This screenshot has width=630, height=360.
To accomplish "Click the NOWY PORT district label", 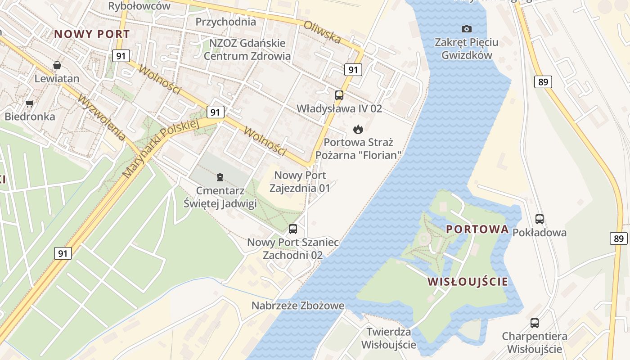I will [x=92, y=34].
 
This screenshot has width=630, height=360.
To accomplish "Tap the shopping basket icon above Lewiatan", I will [x=57, y=66].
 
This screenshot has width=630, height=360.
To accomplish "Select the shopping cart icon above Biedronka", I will [x=30, y=104].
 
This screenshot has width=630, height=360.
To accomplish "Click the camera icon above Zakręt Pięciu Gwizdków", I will [x=467, y=29].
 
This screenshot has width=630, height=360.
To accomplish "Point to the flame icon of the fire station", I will [x=358, y=130].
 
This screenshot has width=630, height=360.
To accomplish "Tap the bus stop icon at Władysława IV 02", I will [x=339, y=95].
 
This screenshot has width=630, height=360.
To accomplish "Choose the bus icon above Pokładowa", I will [x=540, y=219].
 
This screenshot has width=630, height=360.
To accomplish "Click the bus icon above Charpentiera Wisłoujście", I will [x=535, y=323].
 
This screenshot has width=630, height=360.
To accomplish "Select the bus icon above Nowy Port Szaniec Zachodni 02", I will [x=293, y=229].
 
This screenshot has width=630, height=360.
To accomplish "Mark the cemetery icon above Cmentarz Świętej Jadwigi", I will [x=220, y=177].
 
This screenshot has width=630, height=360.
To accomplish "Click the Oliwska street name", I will [x=322, y=32].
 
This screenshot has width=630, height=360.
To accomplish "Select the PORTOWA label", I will [x=477, y=229].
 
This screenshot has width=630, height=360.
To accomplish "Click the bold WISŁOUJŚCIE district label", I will [x=468, y=282].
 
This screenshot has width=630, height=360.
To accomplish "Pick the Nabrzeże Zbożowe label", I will [x=298, y=306].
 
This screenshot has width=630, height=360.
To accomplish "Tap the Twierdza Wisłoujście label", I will [x=389, y=338].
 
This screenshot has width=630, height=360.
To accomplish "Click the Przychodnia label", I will [x=226, y=22].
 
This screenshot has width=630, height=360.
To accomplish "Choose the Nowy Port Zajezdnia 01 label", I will [x=300, y=182].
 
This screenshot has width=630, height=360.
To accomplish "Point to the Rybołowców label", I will [x=139, y=6].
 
